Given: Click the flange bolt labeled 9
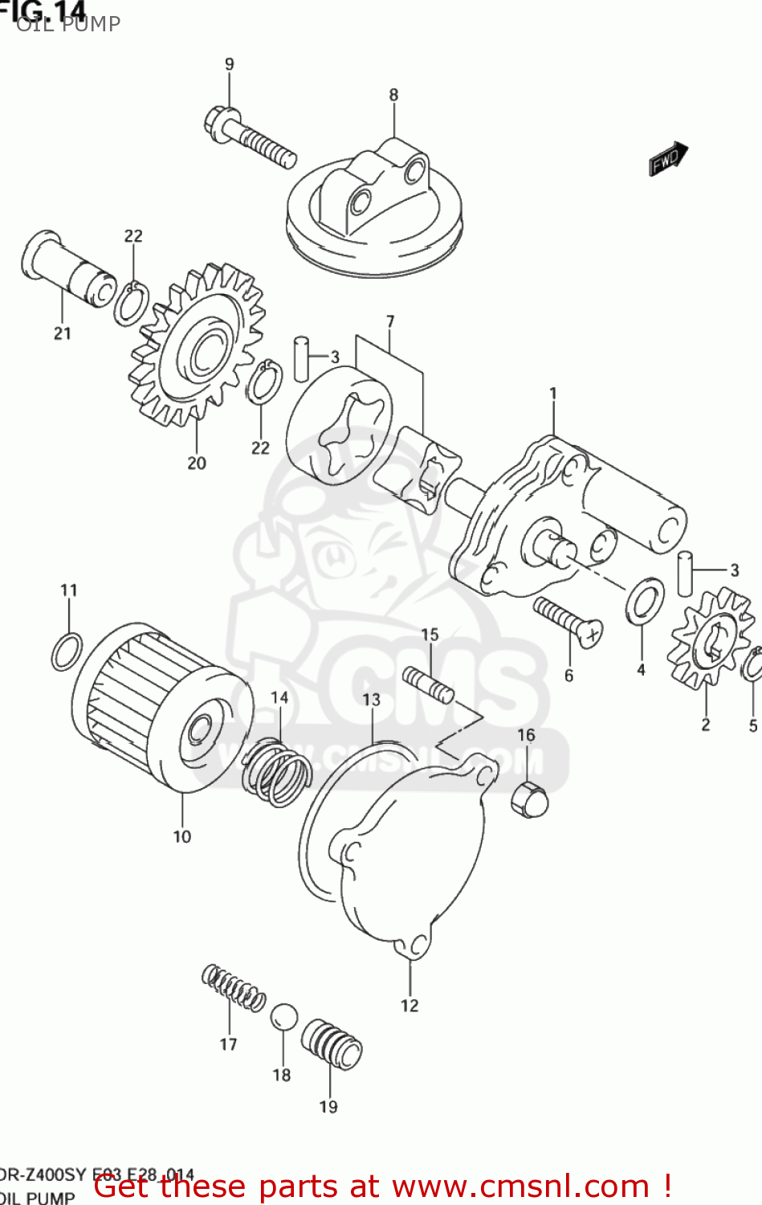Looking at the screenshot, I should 249,137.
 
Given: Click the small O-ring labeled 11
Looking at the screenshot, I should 67,651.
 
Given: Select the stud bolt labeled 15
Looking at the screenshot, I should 428,684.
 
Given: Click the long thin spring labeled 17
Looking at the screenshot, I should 233,987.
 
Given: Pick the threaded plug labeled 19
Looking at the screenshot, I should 332,1045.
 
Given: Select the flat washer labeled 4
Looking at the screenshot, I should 644,602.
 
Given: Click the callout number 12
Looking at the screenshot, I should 410,1005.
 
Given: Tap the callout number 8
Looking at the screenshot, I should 393,95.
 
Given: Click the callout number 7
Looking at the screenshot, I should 390,321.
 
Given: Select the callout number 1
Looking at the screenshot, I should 552,393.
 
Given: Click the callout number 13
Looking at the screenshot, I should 371,700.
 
